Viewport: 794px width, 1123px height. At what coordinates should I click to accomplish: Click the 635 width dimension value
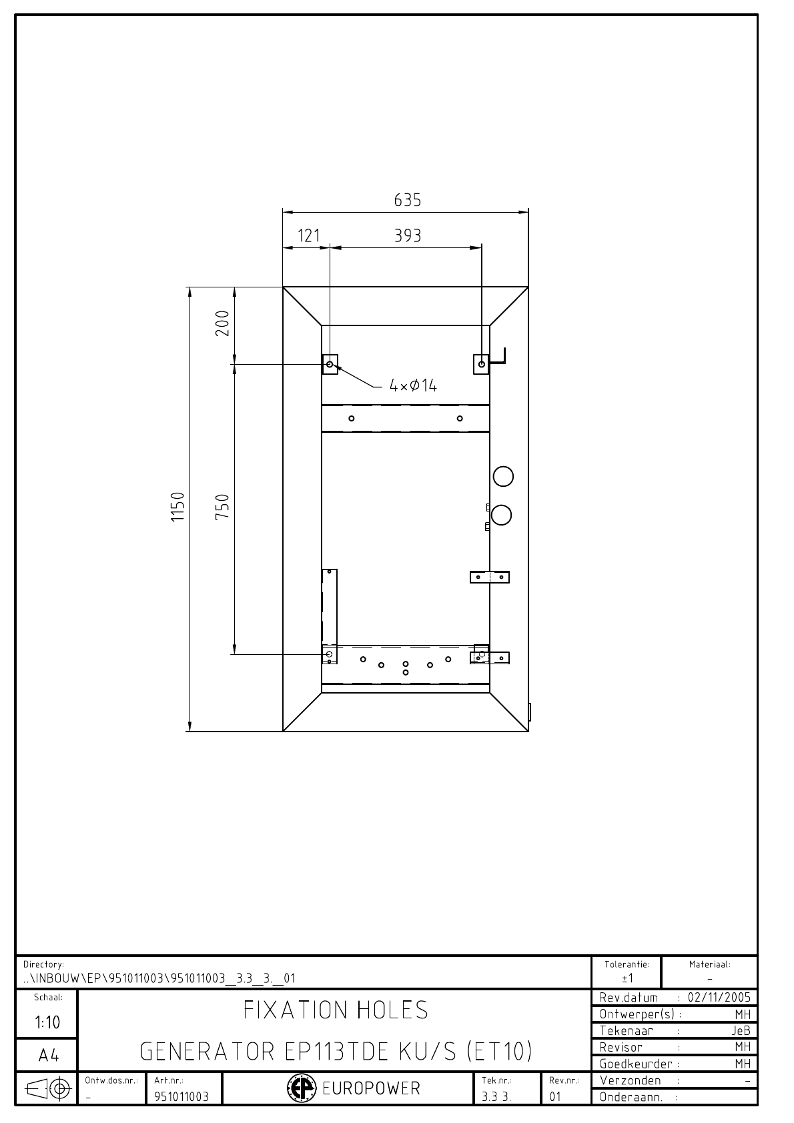(407, 200)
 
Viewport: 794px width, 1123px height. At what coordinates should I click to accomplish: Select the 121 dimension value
(308, 235)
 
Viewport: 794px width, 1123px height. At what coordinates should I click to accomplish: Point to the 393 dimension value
(407, 235)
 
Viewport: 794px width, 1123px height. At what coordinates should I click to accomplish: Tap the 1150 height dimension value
(177, 507)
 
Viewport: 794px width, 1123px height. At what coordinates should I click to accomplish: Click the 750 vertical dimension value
(222, 506)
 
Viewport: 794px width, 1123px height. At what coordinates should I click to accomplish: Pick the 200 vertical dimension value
(222, 323)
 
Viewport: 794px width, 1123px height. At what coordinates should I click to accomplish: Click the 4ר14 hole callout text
(413, 385)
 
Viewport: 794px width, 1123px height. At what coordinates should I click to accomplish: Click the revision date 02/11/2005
(719, 997)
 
